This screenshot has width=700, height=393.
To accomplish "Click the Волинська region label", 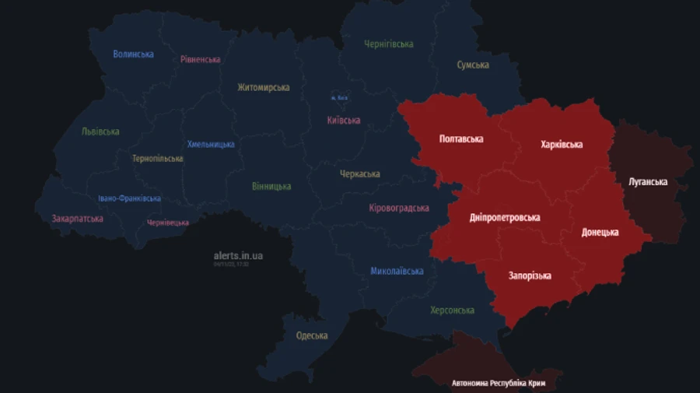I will click(x=133, y=54).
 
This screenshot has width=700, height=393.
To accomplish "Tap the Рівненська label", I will click(x=200, y=59).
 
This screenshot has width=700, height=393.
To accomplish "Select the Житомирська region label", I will click(x=264, y=88).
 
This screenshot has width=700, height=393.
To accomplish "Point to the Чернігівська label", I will click(x=389, y=44).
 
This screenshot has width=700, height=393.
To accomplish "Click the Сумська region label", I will click(x=473, y=65).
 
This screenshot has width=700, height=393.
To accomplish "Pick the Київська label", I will click(x=344, y=121).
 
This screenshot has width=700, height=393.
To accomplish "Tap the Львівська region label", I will click(x=100, y=132).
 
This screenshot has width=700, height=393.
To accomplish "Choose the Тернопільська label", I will click(x=158, y=159).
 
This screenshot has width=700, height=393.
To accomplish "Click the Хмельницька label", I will click(x=211, y=145).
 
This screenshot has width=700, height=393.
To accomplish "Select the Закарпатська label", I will click(x=78, y=219).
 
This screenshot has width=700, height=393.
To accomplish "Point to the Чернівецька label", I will click(x=168, y=223).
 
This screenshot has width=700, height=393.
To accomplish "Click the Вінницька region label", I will click(x=271, y=187).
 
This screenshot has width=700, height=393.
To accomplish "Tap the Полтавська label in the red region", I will click(x=461, y=139).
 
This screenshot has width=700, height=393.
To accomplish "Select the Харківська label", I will click(x=562, y=145).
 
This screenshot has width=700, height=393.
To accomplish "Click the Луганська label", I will click(x=648, y=182).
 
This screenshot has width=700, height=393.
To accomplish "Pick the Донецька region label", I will click(x=600, y=233).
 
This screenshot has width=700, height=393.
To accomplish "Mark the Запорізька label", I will click(x=530, y=276).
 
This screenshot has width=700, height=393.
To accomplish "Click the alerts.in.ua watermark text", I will click(x=238, y=255).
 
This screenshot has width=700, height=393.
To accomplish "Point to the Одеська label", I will click(x=312, y=336).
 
